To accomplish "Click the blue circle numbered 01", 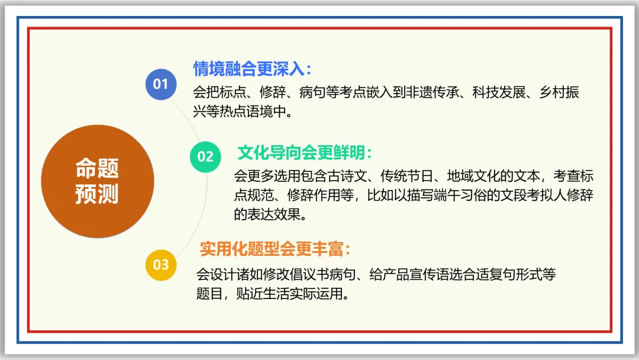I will tap(160, 84).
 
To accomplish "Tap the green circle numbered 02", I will tap(205, 156).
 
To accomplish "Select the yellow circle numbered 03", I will tap(161, 264).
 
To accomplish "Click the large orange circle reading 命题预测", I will tap(97, 182).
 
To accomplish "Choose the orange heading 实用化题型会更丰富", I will tap(272, 249).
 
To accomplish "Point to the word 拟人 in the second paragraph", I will tap(550, 195).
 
